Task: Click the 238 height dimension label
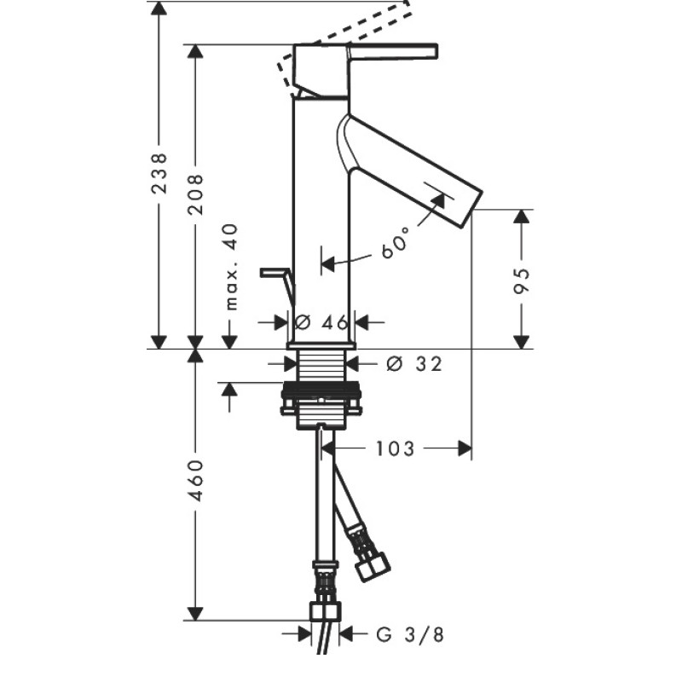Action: [x=159, y=173]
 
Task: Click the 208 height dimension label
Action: [x=195, y=194]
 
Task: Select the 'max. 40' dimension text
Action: [x=231, y=267]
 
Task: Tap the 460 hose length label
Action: [x=195, y=480]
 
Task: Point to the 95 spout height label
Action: [x=522, y=281]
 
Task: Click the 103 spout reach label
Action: [x=395, y=449]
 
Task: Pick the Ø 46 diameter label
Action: [x=321, y=322]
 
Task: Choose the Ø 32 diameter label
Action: [x=414, y=364]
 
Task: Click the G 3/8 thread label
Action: [x=410, y=634]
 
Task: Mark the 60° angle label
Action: [x=395, y=243]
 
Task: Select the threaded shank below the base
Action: [x=321, y=365]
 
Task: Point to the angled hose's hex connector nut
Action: [x=373, y=566]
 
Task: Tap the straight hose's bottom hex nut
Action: [x=325, y=611]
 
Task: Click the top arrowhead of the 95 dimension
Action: [x=522, y=217]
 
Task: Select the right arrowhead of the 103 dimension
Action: [x=465, y=448]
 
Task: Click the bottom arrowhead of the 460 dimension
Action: [x=195, y=614]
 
